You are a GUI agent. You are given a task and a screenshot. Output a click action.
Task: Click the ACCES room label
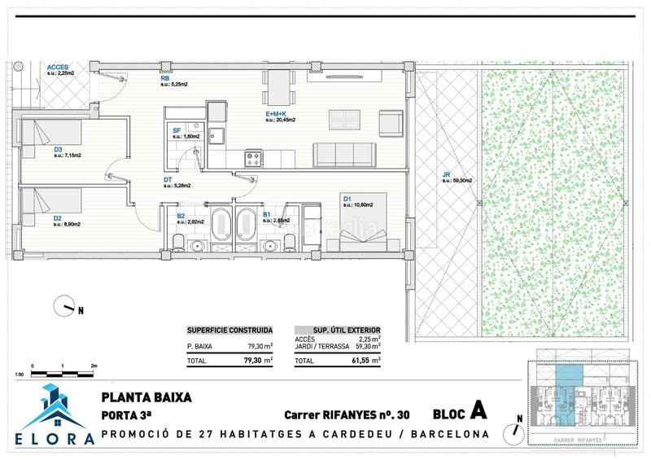(57, 67)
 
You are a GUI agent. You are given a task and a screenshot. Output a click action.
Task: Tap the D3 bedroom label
(58, 149)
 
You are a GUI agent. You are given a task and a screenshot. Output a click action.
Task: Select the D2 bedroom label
(58, 218)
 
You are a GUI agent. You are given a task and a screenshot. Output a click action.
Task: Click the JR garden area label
(446, 174)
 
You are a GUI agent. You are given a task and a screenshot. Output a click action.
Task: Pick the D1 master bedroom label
(346, 198)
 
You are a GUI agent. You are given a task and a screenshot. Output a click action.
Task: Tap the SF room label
(176, 130)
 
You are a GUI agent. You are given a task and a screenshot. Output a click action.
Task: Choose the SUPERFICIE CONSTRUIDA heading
(229, 330)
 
